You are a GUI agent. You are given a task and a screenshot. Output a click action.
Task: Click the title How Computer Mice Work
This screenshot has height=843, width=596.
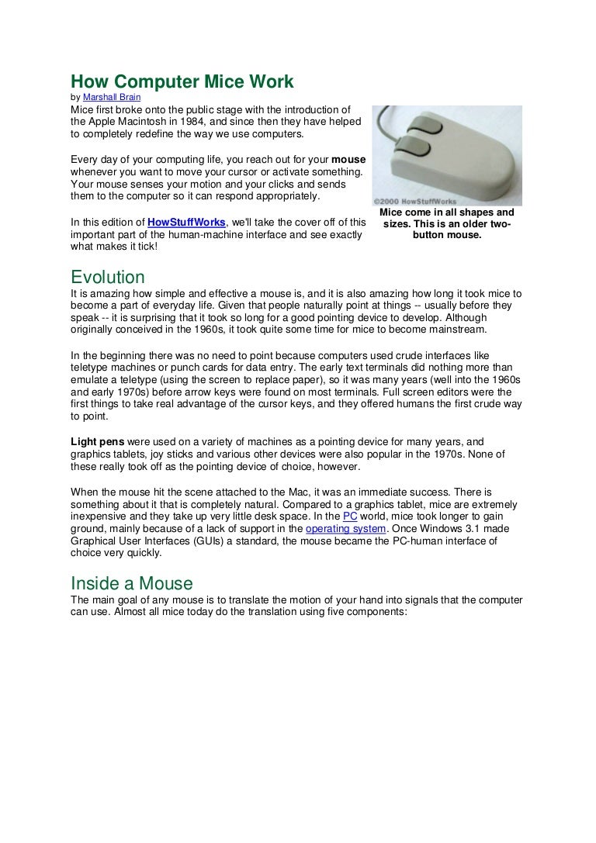(x=182, y=82)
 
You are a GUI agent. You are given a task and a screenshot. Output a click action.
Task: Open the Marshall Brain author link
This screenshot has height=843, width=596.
(x=112, y=98)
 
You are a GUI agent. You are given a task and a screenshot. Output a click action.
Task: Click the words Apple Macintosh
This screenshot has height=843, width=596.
(x=126, y=122)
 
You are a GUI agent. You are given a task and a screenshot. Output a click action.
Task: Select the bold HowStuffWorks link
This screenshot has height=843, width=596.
(x=185, y=223)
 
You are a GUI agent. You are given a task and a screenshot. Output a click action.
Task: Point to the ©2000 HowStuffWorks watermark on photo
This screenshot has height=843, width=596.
(x=416, y=201)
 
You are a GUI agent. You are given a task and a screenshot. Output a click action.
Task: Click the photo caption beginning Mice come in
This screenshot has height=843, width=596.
(x=447, y=223)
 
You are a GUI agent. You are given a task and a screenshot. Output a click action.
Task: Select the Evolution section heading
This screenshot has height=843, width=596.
(x=108, y=277)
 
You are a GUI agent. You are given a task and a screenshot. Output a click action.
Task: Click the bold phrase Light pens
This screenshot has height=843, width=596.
(x=97, y=441)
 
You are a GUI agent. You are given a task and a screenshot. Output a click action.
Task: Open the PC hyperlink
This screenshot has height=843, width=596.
(x=351, y=516)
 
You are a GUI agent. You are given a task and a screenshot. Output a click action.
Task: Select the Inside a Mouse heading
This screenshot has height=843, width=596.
(x=132, y=582)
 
